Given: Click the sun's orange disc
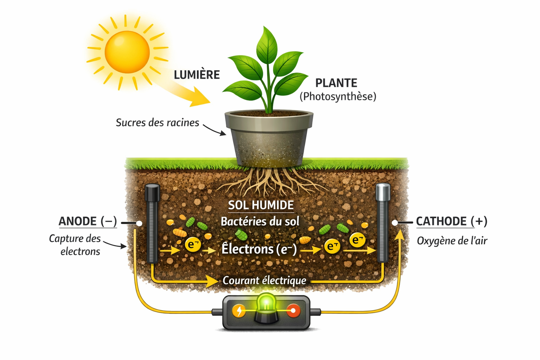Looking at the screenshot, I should [127, 52].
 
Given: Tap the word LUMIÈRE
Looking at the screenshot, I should [197, 75].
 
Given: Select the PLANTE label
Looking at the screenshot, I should [336, 83].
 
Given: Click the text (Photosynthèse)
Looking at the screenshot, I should [338, 96].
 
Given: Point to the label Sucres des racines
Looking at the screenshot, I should [157, 123].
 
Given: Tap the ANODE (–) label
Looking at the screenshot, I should [88, 221].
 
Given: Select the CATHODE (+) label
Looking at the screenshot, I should [451, 221].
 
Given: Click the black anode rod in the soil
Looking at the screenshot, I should [152, 225].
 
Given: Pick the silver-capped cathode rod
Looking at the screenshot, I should [382, 225].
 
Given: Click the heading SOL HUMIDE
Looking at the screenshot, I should [261, 205].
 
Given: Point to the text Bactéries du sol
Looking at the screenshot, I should [260, 221].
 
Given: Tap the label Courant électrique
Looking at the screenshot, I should [264, 281].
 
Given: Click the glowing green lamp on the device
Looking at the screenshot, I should [266, 303].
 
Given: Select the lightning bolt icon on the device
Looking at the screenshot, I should [239, 311].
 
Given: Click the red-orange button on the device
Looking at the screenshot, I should [292, 311].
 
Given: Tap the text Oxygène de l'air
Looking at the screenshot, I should [452, 241].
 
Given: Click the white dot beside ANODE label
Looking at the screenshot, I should [139, 223].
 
